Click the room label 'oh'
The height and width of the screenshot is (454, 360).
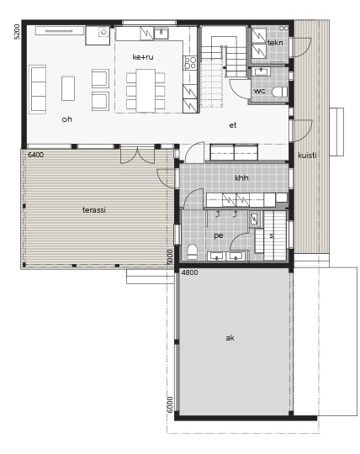66,119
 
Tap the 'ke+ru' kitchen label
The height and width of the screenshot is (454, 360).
143,57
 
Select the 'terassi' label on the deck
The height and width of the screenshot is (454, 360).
94,210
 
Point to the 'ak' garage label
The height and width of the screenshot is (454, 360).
230,338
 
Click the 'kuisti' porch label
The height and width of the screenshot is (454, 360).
307,156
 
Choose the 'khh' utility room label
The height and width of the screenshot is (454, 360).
241,177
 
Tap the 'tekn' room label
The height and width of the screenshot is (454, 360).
275,43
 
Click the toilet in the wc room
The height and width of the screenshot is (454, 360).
279,92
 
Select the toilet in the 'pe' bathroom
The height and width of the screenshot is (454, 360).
193,251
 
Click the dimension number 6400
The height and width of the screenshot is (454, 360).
36,155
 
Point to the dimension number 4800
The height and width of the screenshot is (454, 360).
190,272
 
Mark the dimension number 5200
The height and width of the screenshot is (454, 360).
18,32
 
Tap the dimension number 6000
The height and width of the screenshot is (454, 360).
170,404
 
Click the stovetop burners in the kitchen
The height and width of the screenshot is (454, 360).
190,62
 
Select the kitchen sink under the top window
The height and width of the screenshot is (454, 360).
161,34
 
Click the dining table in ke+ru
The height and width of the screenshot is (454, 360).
146,90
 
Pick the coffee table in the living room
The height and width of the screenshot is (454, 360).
68,88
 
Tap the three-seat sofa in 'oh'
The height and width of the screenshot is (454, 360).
38,89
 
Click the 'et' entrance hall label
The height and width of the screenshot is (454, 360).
233,125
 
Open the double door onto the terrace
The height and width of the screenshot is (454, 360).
137,156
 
